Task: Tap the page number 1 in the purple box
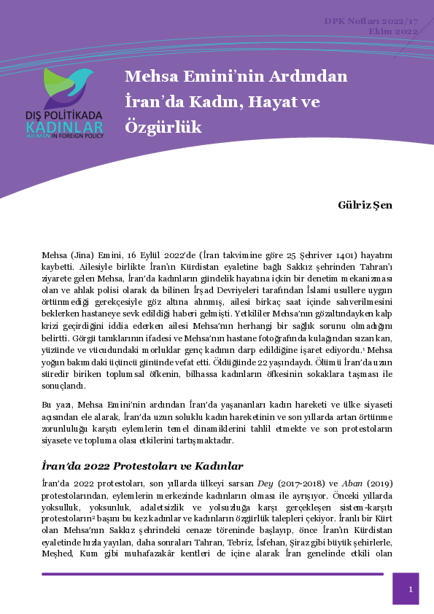pyautogui.click(x=411, y=589)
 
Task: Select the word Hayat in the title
pyautogui.click(x=274, y=102)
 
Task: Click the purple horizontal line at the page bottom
pyautogui.click(x=212, y=574)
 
